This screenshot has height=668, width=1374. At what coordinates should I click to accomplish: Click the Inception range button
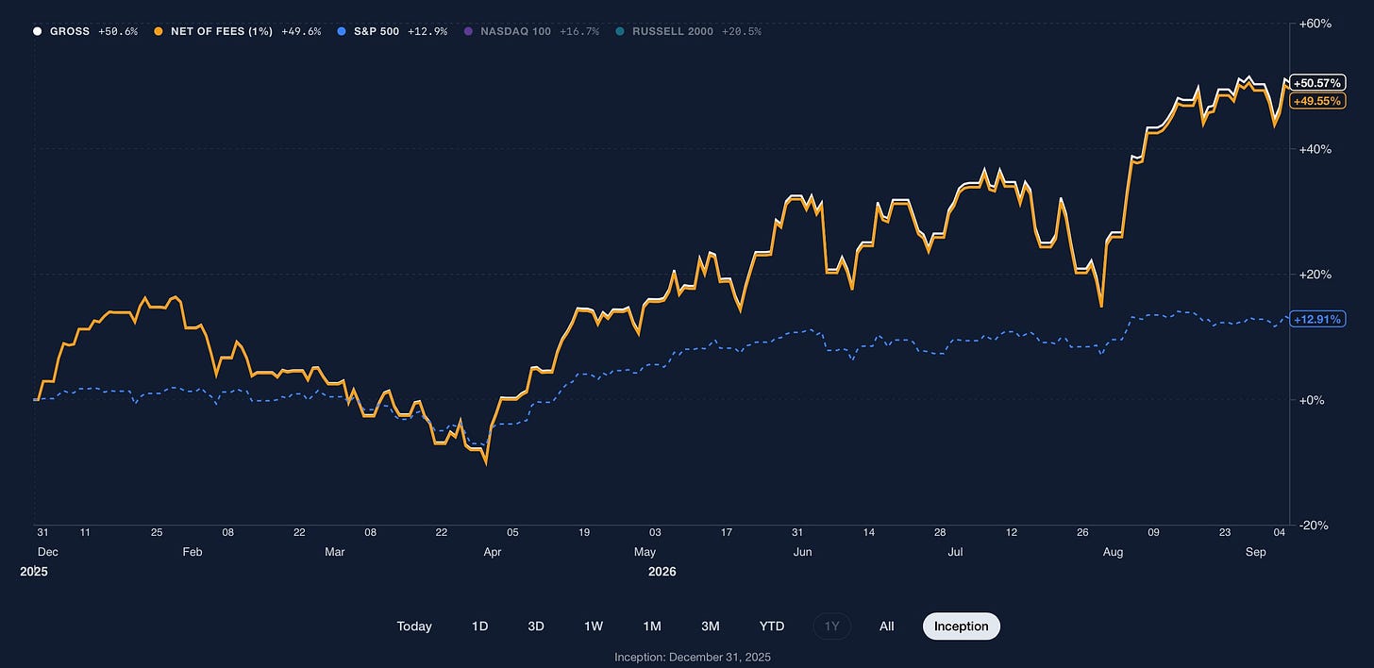coord(962,626)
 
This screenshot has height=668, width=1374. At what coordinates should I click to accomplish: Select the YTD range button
coord(772,626)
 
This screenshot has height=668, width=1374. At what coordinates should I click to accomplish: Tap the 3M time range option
coord(711,626)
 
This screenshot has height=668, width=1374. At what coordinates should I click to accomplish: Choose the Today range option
coord(414,626)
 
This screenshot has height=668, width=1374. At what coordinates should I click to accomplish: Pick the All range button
coord(886,626)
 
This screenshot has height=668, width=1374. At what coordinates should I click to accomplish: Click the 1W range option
coord(594,626)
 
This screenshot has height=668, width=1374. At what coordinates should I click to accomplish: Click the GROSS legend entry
coord(85,31)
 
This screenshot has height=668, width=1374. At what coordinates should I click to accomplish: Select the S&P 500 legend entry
coord(393,31)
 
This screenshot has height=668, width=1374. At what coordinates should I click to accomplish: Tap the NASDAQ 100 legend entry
coord(531,31)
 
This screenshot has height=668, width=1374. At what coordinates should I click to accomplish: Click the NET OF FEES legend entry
coord(238,31)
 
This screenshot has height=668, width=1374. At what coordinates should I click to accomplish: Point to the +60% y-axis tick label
coord(1315,24)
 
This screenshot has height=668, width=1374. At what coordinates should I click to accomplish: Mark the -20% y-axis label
coord(1314,526)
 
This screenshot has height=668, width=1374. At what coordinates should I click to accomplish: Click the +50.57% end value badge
coord(1317,83)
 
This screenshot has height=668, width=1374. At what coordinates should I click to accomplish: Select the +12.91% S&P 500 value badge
coord(1317,319)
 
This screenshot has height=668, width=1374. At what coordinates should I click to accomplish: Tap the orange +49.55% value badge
coord(1317,101)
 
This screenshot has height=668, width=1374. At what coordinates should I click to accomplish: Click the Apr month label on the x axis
coord(493,552)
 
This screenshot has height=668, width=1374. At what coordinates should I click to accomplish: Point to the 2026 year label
coord(662,572)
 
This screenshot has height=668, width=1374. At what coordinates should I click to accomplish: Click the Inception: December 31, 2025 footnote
coord(693,657)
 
